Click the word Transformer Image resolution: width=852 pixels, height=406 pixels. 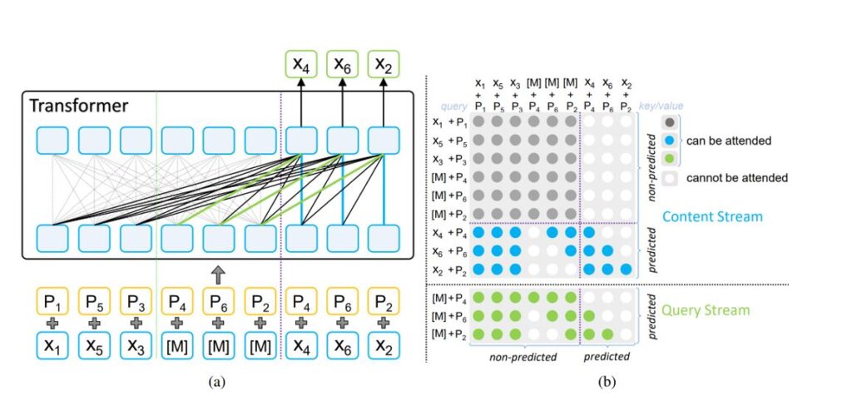79,106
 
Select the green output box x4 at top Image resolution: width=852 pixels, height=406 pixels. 300,63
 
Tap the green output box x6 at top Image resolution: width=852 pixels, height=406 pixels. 341,63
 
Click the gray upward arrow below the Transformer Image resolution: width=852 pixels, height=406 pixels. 217,272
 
